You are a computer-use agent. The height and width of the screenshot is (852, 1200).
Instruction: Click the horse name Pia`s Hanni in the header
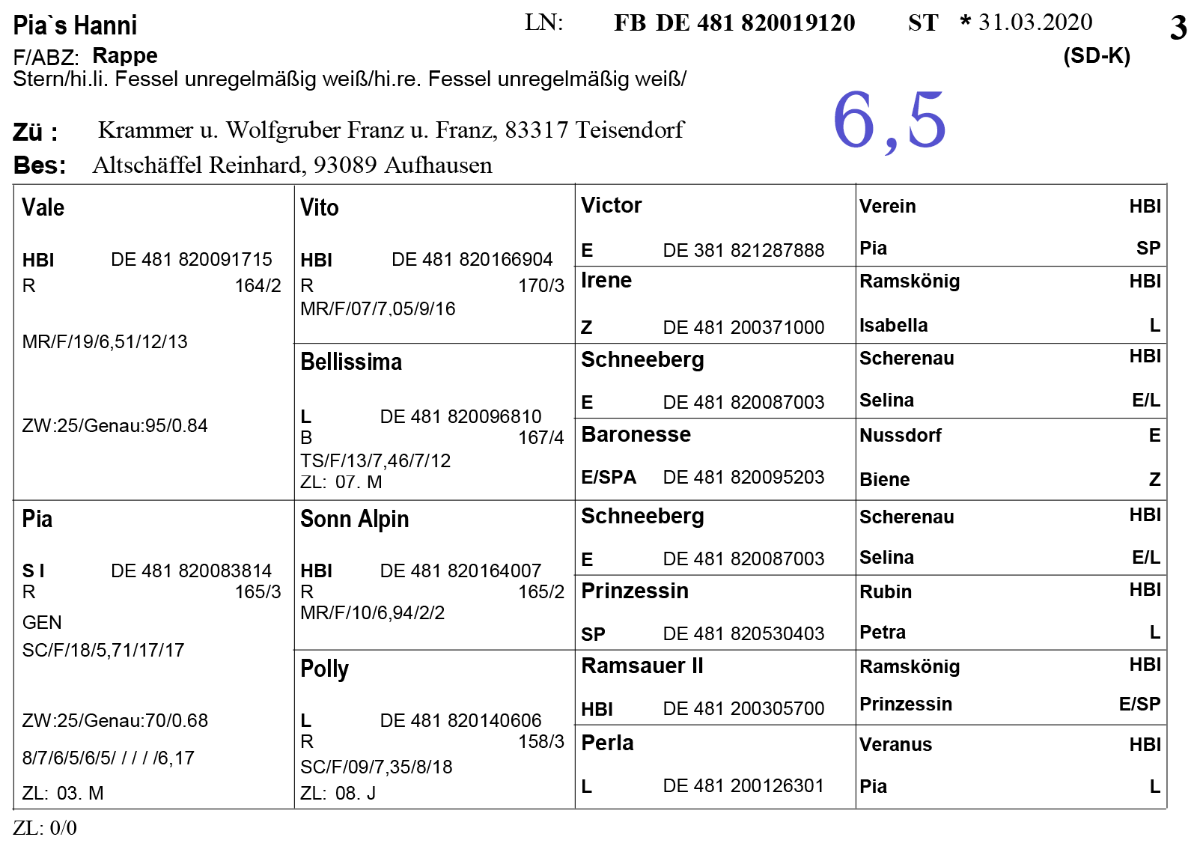[x=75, y=25]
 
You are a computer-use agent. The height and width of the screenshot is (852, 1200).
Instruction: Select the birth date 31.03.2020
[x=1035, y=22]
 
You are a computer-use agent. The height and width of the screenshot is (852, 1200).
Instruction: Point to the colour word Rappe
[x=125, y=55]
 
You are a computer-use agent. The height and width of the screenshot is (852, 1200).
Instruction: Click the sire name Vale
[x=43, y=207]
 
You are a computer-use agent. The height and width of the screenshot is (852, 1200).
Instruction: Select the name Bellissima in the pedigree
[x=351, y=362]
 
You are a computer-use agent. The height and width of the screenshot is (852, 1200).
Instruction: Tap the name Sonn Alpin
[x=354, y=519]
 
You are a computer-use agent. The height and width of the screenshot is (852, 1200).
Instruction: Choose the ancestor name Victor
[x=611, y=205]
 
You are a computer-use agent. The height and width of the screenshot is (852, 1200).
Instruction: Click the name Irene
[x=606, y=281]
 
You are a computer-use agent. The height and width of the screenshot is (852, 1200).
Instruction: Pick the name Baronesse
[x=636, y=434]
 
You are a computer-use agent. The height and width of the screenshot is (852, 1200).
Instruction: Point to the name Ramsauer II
[x=642, y=666]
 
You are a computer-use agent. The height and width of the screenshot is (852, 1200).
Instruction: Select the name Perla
[x=607, y=743]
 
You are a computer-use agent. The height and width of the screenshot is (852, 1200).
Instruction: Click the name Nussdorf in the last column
[x=900, y=436]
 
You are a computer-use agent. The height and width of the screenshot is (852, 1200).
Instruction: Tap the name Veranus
[x=895, y=745]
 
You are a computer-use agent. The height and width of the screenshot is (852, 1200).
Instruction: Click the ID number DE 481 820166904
[x=472, y=260]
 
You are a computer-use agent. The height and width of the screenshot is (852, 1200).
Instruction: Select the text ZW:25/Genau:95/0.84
[x=115, y=426]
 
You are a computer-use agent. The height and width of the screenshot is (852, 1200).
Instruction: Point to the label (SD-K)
[x=1096, y=56]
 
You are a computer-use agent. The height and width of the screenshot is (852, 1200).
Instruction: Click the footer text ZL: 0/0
[x=45, y=828]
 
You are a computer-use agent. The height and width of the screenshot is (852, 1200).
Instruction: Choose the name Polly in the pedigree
[x=324, y=669]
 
